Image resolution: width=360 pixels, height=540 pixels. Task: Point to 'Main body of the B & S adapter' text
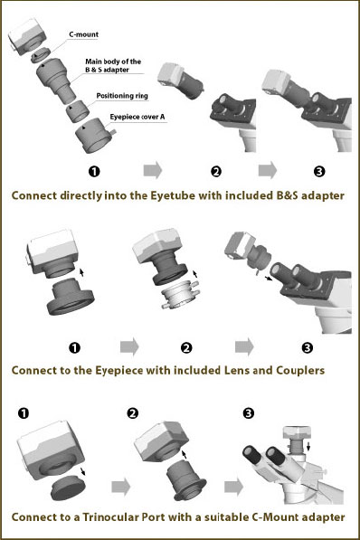click(109, 66)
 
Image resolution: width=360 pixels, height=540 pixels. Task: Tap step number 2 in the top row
click(215, 170)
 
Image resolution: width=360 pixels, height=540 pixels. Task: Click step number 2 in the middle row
click(186, 346)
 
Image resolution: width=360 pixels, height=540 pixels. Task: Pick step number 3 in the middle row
click(307, 346)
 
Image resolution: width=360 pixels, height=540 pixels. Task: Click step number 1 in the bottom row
click(23, 413)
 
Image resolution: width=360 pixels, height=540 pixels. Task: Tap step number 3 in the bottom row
click(250, 413)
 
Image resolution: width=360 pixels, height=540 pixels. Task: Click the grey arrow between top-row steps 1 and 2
click(153, 169)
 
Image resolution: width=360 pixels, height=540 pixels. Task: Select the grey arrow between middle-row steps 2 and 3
click(245, 346)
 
